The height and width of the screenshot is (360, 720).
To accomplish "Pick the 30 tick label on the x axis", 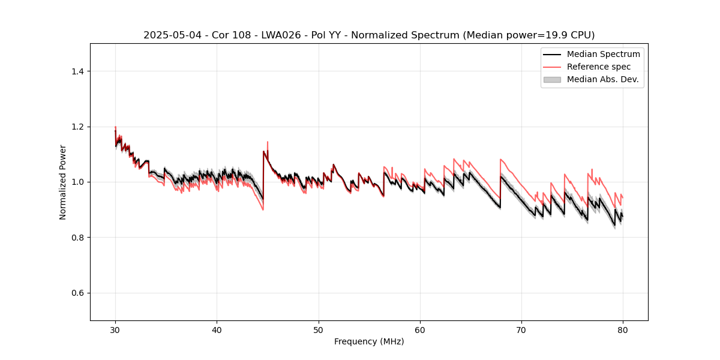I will [115, 330].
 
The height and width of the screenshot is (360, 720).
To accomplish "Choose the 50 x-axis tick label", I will [319, 330].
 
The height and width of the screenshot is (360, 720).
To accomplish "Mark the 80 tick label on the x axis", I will [623, 330].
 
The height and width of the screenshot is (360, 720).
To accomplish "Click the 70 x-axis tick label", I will [521, 330].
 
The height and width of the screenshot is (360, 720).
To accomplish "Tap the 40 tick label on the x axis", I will [217, 330].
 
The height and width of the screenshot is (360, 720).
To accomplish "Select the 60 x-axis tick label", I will [420, 330].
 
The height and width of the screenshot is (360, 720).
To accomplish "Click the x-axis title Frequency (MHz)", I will [369, 341].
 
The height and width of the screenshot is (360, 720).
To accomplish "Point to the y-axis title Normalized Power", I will [63, 182].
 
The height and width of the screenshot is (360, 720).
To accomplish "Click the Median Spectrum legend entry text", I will [603, 54].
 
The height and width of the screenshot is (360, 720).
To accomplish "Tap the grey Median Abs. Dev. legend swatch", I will [552, 79].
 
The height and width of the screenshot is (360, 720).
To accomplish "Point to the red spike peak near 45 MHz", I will [267, 142].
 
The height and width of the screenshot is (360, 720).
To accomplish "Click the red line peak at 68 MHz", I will [500, 160].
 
